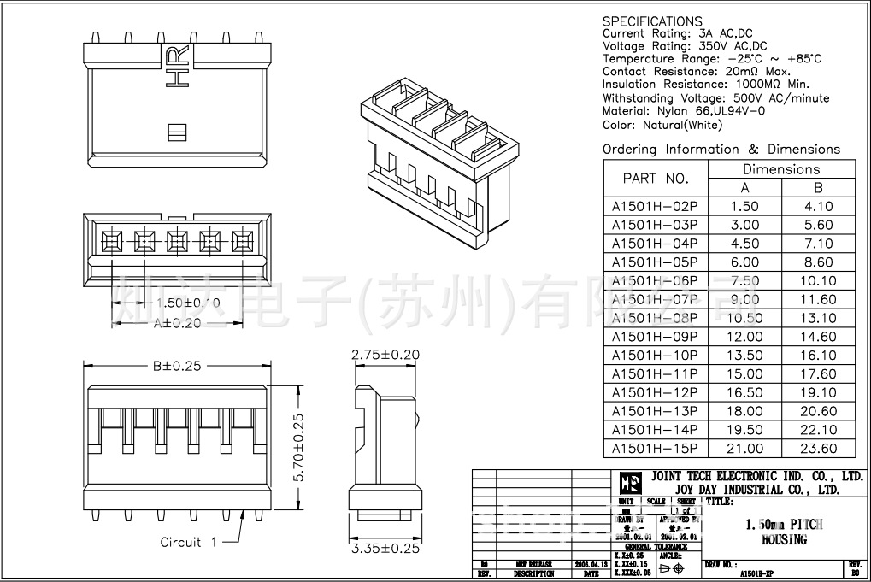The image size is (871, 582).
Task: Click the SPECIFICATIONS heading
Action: pos(652,21)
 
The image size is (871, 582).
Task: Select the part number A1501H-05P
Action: pos(655,262)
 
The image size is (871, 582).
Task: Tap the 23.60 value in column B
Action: pos(818,449)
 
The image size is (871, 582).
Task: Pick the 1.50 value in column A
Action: pos(744,206)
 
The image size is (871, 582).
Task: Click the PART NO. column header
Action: pos(656,179)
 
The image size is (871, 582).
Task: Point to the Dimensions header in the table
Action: pos(780,169)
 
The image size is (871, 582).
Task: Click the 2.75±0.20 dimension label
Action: pos(385,354)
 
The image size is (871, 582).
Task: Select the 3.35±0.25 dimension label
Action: pos(385,549)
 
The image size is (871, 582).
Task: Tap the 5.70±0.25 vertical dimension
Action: pos(298,449)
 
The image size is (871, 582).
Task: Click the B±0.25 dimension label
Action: pos(177,366)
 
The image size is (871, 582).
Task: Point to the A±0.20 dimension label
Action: pos(177,323)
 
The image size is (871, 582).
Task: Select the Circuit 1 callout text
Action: pos(189,542)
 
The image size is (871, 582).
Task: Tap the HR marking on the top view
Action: pos(177,68)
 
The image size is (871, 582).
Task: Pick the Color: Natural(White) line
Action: pos(662,125)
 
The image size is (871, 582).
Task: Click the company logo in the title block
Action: pos(630,482)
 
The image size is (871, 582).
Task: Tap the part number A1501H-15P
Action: pos(655,449)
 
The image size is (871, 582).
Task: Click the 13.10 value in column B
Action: pos(818,318)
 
